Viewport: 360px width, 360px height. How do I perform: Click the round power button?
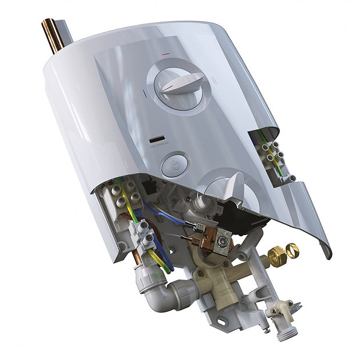(174, 165)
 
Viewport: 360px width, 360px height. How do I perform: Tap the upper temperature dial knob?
(182, 85)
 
